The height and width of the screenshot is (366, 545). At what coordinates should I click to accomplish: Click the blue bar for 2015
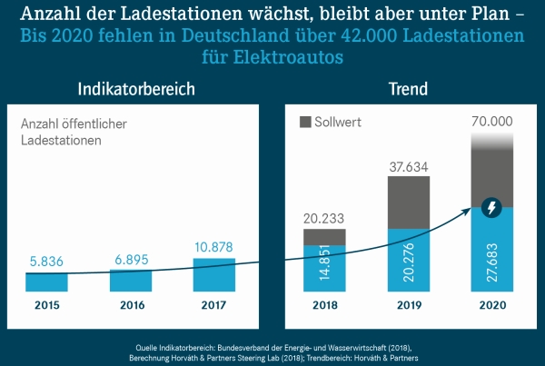point(46,282)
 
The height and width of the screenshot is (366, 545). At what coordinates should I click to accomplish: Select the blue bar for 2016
point(131,280)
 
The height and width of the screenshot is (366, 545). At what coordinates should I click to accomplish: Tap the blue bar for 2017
point(214,274)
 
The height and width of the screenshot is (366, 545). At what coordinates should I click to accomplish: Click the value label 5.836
point(46,261)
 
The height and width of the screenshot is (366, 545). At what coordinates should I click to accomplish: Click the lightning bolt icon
point(491,208)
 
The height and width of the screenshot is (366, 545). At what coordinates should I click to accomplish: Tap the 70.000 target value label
point(491,121)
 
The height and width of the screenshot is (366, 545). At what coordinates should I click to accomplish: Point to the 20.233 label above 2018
point(324,218)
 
